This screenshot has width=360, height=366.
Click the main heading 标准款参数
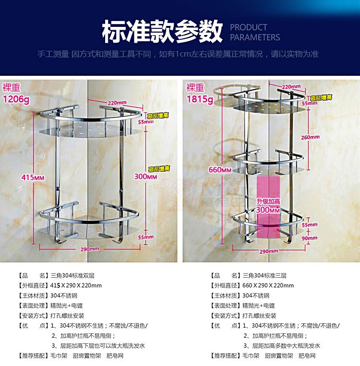(162, 31)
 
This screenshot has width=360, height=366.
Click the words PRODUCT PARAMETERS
(255, 32)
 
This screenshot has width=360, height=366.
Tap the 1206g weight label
(16, 99)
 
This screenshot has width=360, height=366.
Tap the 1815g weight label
(200, 99)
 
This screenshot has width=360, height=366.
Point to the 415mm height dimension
(33, 177)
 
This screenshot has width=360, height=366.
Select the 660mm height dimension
(220, 169)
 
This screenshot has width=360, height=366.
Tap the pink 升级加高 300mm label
(268, 206)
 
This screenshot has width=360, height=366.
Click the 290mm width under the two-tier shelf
(90, 248)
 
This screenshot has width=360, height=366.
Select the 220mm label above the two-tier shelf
(117, 103)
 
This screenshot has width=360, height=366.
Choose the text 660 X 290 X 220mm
(268, 285)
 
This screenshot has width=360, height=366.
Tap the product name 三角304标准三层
(264, 275)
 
